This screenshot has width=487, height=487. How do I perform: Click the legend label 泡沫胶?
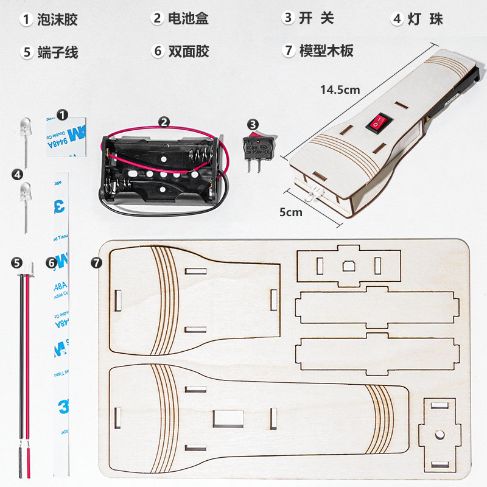tap(57, 19)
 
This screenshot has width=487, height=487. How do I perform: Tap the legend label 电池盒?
tap(188, 18)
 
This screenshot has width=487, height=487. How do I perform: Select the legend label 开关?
tap(317, 18)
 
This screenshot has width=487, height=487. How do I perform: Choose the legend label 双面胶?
tap(189, 52)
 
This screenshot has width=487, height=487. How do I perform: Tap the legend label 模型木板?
tap(326, 51)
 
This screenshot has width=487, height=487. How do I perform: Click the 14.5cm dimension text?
tap(340, 89)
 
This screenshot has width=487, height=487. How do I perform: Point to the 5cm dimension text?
tap(290, 212)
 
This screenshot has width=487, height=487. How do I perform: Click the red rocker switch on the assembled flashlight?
tap(376, 124)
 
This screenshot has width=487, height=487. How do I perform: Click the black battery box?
tap(160, 170)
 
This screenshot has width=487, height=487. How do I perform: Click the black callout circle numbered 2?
tap(164, 122)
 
